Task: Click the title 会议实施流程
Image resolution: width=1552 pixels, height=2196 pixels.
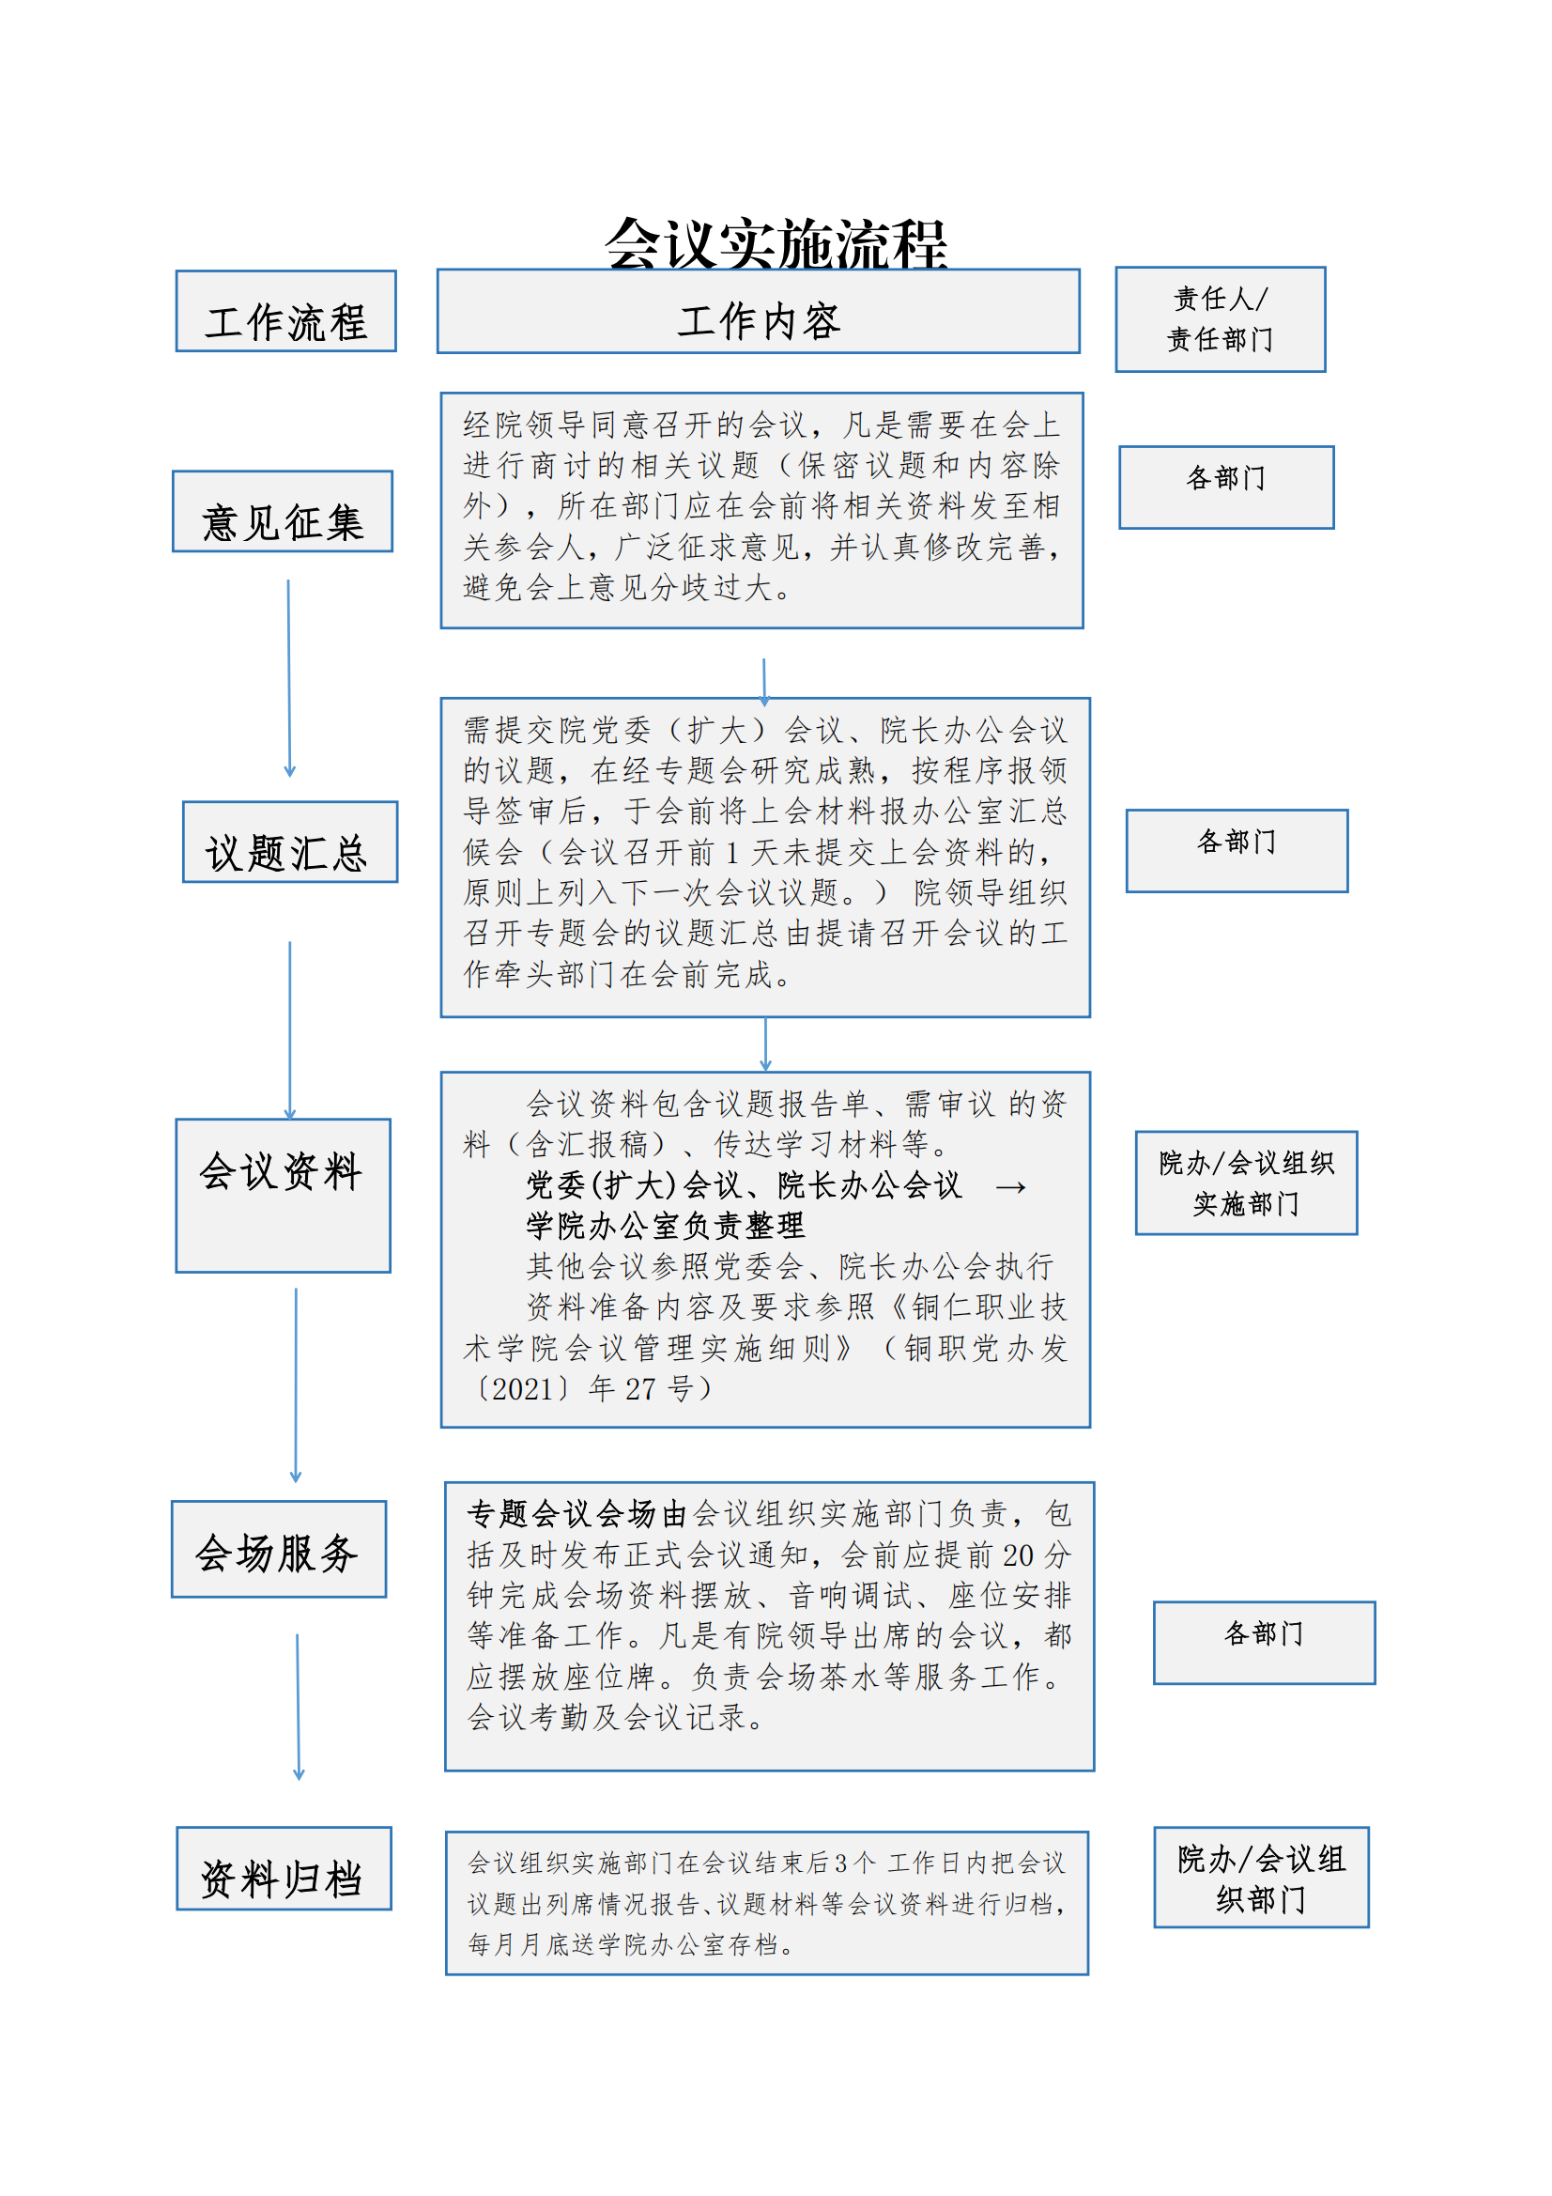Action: pos(776,243)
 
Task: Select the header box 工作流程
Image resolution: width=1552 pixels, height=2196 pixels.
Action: pos(286,311)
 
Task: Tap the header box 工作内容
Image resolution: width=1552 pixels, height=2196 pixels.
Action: pos(759,311)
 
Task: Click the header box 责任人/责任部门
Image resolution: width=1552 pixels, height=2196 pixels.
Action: pos(1221,319)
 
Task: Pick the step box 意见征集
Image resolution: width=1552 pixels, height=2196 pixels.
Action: pos(282,511)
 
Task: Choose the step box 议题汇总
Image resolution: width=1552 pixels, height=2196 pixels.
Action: pos(290,842)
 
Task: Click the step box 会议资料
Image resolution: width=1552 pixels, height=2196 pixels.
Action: pos(283,1196)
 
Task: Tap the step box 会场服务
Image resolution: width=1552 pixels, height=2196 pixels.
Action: pos(278,1549)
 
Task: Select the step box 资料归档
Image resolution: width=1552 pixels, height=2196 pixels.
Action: pos(284,1868)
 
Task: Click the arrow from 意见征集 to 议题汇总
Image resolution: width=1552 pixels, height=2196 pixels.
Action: pos(289,678)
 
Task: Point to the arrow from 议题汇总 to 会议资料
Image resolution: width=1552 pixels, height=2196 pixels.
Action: pos(290,1030)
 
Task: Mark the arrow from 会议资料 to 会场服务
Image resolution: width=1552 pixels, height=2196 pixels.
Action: pos(296,1384)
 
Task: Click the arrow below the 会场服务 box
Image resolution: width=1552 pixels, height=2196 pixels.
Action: pos(299,1707)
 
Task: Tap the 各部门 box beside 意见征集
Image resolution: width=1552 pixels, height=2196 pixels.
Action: pos(1226,487)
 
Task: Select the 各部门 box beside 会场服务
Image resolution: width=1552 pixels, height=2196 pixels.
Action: pos(1264,1642)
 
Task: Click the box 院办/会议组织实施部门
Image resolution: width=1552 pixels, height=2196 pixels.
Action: pos(1246,1183)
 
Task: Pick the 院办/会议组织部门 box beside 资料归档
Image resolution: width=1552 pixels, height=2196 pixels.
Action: pos(1261,1877)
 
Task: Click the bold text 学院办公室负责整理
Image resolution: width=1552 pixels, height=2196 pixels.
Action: pos(666,1225)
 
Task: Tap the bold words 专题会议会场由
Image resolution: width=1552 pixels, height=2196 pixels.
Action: pos(577,1514)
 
